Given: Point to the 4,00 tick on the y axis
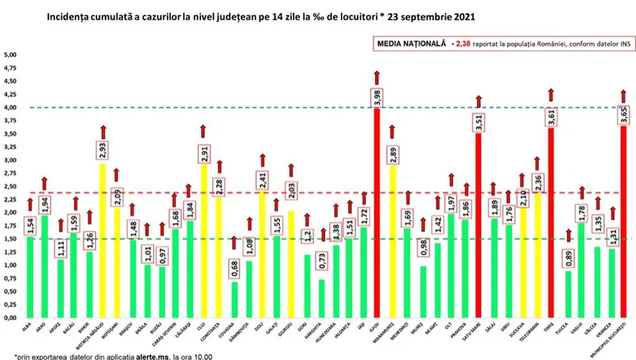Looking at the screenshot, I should click(10, 107).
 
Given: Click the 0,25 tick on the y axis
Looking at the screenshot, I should click(10, 304).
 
